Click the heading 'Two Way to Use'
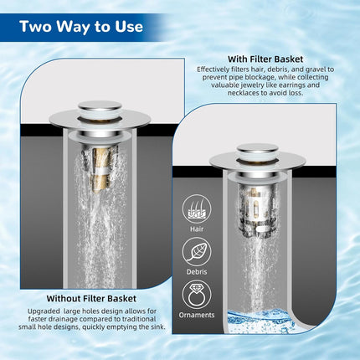point(82,26)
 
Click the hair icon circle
point(198,208)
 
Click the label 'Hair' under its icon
point(198,229)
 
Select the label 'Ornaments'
point(198,316)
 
